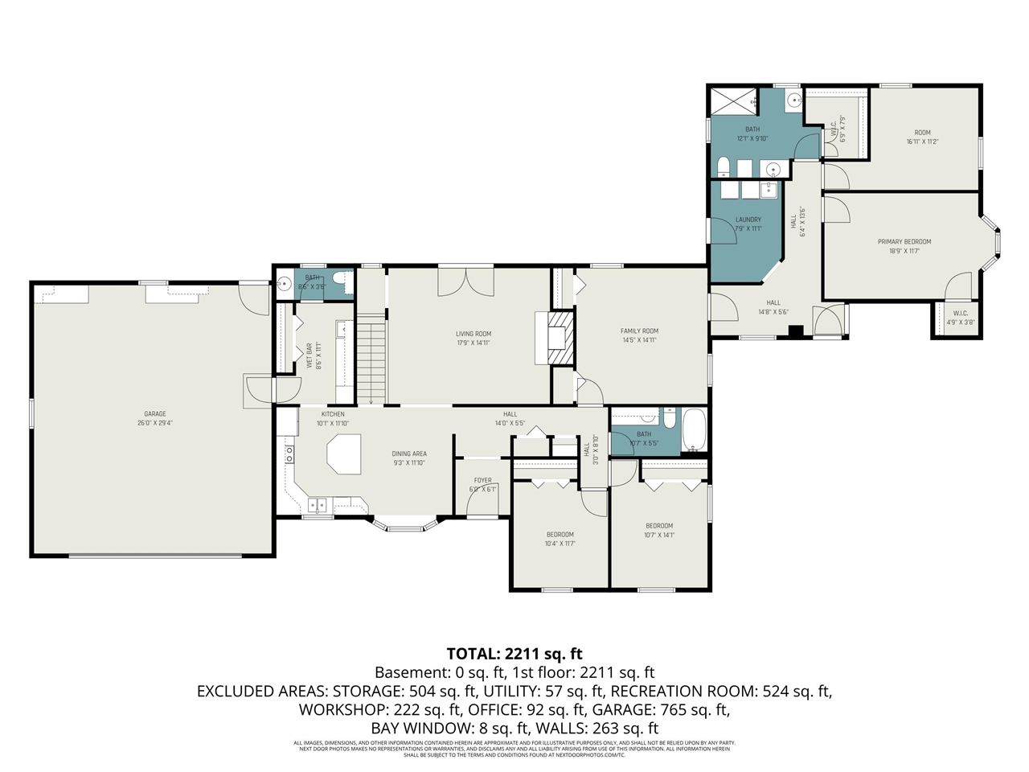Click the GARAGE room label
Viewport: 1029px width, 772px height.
[155, 414]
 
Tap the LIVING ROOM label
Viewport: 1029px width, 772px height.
[474, 334]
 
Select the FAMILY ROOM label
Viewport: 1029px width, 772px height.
[639, 331]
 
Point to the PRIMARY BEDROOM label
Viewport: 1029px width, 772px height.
[904, 241]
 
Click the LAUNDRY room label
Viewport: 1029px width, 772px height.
[748, 220]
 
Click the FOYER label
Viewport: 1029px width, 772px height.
[482, 480]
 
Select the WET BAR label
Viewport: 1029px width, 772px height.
[309, 356]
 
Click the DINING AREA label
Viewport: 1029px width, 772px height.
[409, 454]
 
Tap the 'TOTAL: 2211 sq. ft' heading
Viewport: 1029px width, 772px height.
[514, 653]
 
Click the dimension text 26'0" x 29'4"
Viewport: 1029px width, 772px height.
[155, 423]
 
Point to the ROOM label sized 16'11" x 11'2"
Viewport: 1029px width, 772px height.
[922, 133]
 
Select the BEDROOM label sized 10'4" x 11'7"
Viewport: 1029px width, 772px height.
[560, 535]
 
